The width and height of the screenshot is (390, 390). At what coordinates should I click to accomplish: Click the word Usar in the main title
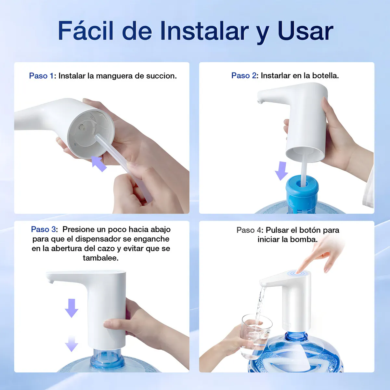(x=305, y=31)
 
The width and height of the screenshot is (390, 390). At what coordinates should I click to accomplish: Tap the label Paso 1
(x=41, y=76)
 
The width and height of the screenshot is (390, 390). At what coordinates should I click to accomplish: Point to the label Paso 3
(x=43, y=229)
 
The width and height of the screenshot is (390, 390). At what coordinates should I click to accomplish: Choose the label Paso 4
(x=249, y=230)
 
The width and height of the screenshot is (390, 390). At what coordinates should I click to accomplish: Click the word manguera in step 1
(x=114, y=76)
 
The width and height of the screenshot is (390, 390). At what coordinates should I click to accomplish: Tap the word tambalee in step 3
(x=100, y=258)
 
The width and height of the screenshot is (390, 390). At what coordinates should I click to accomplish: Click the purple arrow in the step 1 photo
(x=98, y=163)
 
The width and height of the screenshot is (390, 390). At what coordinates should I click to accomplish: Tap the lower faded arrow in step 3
(x=71, y=344)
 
